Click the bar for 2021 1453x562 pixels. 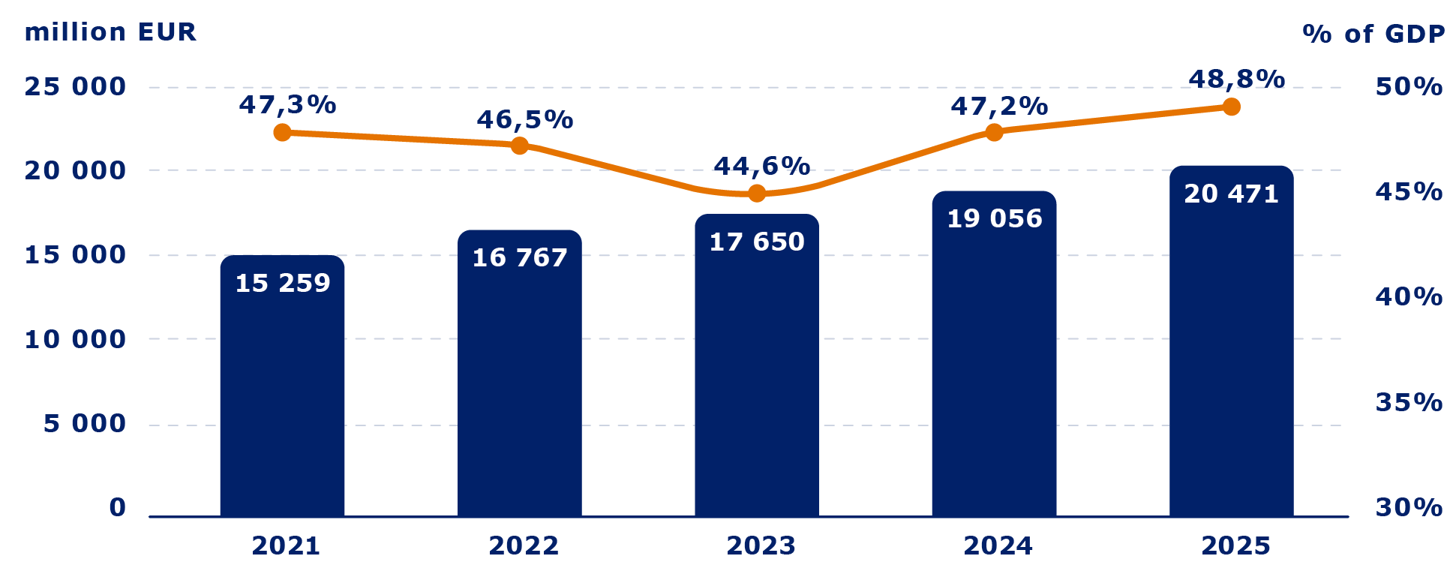tap(282, 390)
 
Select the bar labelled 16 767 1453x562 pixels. tap(519, 375)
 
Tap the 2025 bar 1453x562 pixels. tap(1231, 345)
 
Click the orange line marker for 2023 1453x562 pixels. tap(757, 193)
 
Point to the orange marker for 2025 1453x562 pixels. tap(1231, 107)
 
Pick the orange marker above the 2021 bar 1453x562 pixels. tap(282, 133)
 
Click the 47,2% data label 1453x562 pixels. tap(998, 107)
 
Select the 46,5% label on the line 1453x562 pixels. tap(524, 119)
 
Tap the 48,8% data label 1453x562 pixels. tap(1236, 79)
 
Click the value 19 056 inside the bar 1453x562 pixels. tap(994, 218)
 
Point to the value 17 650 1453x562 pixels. tap(756, 242)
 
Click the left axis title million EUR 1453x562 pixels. tap(110, 32)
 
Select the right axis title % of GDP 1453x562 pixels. tap(1373, 34)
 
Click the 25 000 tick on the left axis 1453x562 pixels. tap(75, 87)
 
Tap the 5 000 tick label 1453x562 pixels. tap(84, 424)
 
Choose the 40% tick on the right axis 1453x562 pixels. tap(1408, 297)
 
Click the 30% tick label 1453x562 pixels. tap(1408, 508)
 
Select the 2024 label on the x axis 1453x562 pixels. tap(998, 545)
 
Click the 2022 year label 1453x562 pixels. tap(524, 545)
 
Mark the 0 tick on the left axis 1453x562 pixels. tap(117, 508)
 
